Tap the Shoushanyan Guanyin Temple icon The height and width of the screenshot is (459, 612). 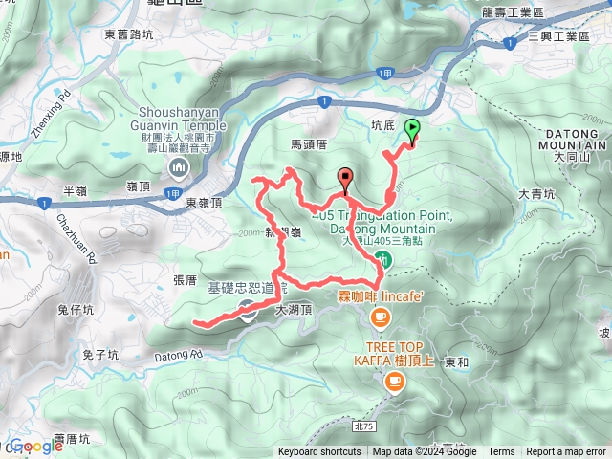click(x=178, y=169)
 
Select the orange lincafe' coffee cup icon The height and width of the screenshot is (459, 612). click(x=381, y=316)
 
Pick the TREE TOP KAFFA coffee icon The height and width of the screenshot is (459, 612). click(x=393, y=381)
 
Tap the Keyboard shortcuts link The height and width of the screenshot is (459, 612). click(x=319, y=452)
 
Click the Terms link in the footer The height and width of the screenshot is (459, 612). click(x=501, y=452)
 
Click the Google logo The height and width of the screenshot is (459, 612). click(x=36, y=446)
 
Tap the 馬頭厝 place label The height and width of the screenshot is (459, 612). click(x=309, y=143)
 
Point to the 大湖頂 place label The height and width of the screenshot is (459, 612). click(x=293, y=310)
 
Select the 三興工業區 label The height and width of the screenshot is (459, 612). click(x=561, y=34)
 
